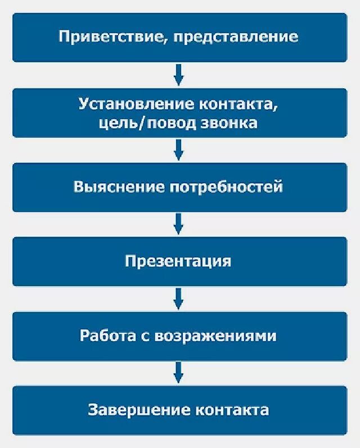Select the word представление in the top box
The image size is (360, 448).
pyautogui.click(x=236, y=38)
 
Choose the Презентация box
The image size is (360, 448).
pyautogui.click(x=178, y=261)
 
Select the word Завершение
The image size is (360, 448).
pyautogui.click(x=138, y=410)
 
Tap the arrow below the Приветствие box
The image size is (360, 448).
pyautogui.click(x=178, y=74)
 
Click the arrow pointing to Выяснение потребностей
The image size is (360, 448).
pyautogui.click(x=178, y=150)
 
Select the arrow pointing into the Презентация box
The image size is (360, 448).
pyautogui.click(x=178, y=224)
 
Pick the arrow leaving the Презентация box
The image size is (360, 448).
pyautogui.click(x=178, y=298)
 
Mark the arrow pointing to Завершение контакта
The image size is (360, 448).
pyautogui.click(x=178, y=373)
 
